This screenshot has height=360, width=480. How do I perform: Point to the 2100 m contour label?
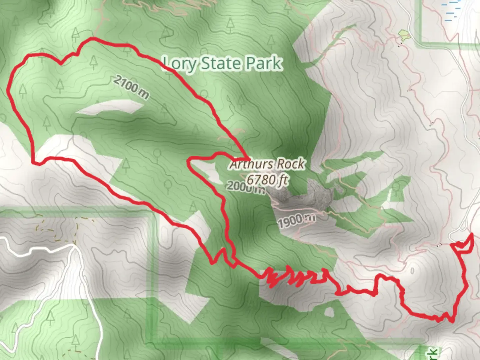pos(131,87)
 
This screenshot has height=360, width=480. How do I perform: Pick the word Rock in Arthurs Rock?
pos(291,164)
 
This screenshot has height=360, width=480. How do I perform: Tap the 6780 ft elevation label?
pos(267,180)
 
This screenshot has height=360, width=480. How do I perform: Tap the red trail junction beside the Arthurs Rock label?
pos(247,157)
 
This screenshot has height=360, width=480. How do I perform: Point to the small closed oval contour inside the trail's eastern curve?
pos(412,270)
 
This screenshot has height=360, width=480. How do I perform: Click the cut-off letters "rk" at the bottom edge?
pos(433,353)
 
